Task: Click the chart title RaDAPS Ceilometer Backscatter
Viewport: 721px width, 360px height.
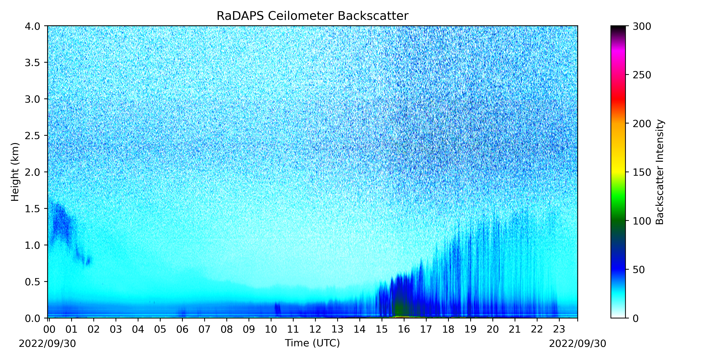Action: pyautogui.click(x=312, y=16)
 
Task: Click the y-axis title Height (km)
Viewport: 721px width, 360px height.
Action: pyautogui.click(x=15, y=172)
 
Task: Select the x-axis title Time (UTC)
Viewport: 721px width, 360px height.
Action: pyautogui.click(x=312, y=343)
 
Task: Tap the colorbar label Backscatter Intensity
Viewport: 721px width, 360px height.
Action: pyautogui.click(x=660, y=172)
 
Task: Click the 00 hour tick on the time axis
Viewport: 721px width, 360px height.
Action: pyautogui.click(x=49, y=329)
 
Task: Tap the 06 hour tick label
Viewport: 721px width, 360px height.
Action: pyautogui.click(x=182, y=329)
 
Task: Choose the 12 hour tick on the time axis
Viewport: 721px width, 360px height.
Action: pyautogui.click(x=315, y=329)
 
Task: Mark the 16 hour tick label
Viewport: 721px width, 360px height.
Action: pyautogui.click(x=404, y=329)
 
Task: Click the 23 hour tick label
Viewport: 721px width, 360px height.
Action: pyautogui.click(x=559, y=329)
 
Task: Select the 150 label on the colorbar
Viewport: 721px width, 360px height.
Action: pyautogui.click(x=642, y=172)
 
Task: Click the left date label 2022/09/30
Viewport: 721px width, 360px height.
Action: pyautogui.click(x=47, y=343)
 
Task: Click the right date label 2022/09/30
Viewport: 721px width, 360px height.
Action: pyautogui.click(x=577, y=343)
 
